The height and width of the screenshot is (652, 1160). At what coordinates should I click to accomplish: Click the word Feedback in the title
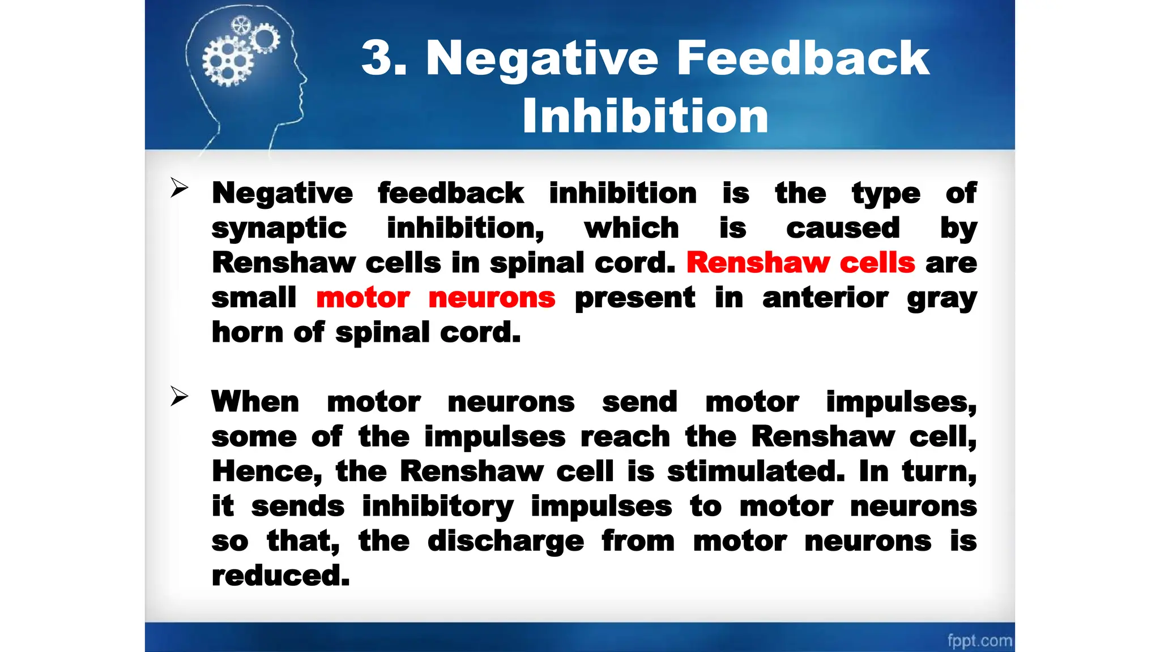(x=803, y=58)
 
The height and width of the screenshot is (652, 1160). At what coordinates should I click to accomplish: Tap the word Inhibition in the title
(x=645, y=116)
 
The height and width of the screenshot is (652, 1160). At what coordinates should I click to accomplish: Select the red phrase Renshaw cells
(x=800, y=263)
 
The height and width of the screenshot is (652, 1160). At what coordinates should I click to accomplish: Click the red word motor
(x=362, y=298)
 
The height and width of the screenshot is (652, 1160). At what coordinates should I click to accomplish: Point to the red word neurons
(x=492, y=298)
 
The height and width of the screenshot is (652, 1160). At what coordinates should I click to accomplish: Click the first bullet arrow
(x=179, y=188)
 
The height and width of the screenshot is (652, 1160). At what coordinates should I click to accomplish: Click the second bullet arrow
(x=179, y=396)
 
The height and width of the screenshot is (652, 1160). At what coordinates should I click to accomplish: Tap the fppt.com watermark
(x=979, y=641)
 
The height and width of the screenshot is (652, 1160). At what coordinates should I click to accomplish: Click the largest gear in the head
(x=228, y=62)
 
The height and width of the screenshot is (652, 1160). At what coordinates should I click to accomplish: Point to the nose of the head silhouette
(x=304, y=79)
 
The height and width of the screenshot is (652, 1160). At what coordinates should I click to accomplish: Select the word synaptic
(x=279, y=229)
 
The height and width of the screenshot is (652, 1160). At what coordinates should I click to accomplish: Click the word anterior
(x=825, y=298)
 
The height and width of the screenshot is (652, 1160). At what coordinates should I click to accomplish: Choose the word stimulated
(x=756, y=471)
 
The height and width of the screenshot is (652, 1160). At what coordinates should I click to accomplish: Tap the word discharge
(x=505, y=541)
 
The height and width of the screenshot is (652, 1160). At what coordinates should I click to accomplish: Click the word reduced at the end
(x=280, y=576)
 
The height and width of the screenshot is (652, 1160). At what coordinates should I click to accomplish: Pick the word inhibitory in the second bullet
(x=438, y=507)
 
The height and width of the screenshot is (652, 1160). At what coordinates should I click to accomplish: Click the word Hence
(x=267, y=471)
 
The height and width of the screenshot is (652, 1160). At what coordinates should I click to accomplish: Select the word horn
(x=247, y=332)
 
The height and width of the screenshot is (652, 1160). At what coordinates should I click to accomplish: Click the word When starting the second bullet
(x=255, y=402)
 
